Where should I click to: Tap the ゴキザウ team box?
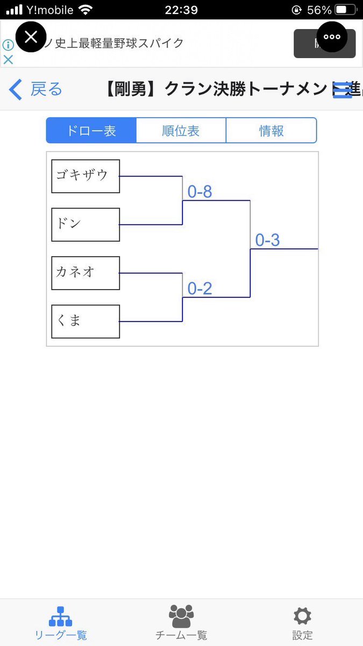86,176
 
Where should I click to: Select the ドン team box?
86,224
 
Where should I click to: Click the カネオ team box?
86,273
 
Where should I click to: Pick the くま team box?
86,321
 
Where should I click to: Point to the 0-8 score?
200,192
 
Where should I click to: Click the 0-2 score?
200,289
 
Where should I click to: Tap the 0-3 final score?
267,240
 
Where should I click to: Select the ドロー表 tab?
91,131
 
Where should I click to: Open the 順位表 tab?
181,131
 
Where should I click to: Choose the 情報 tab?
271,131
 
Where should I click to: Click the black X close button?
31,37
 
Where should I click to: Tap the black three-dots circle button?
332,37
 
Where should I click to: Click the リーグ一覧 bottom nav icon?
60,616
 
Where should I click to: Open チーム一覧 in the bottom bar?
181,616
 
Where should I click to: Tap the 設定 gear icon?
302,616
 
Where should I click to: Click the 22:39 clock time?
181,10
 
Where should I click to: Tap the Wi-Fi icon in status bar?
85,10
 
